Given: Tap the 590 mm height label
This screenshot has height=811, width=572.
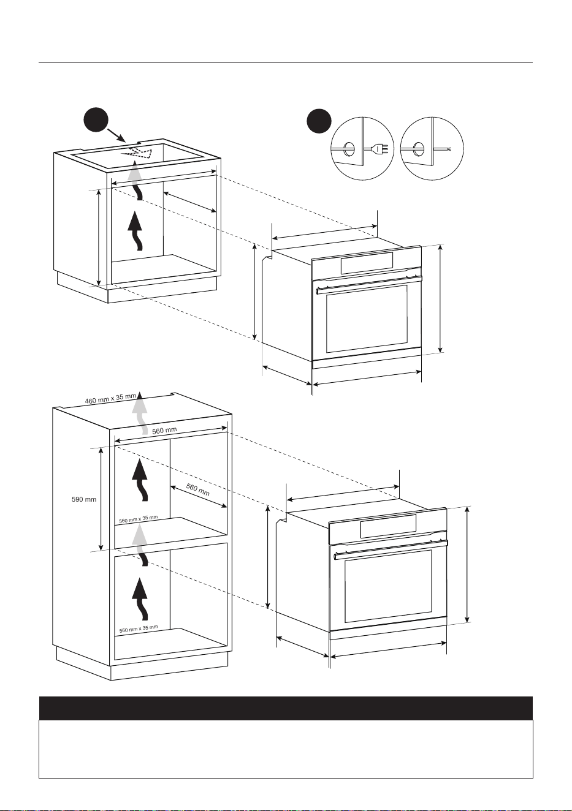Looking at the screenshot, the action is tap(84, 499).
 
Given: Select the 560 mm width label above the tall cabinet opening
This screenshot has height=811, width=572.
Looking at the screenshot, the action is tap(164, 431).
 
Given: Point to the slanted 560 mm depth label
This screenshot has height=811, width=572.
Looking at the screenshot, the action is tap(198, 489).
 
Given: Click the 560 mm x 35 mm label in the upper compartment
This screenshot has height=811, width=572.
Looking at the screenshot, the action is tap(139, 519).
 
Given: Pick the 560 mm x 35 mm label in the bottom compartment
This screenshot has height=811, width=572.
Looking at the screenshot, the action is tap(139, 629).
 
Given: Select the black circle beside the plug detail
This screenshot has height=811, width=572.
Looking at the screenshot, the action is tap(319, 121).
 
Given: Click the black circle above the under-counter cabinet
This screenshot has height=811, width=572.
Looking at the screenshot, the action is tap(96, 120).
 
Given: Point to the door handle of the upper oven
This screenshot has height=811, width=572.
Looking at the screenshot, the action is tap(369, 284).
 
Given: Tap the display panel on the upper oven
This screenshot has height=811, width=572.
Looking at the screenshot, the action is tap(367, 263).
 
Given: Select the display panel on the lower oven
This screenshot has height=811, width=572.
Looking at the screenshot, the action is tap(388, 526).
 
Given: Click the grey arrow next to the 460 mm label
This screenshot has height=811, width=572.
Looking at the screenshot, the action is tap(140, 412).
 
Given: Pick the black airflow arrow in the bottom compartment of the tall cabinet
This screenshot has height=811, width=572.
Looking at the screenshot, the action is tap(140, 599).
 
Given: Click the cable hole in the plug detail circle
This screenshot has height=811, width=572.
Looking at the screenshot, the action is tap(349, 149).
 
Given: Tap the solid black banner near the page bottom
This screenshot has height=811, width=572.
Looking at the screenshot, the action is tap(286, 708).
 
